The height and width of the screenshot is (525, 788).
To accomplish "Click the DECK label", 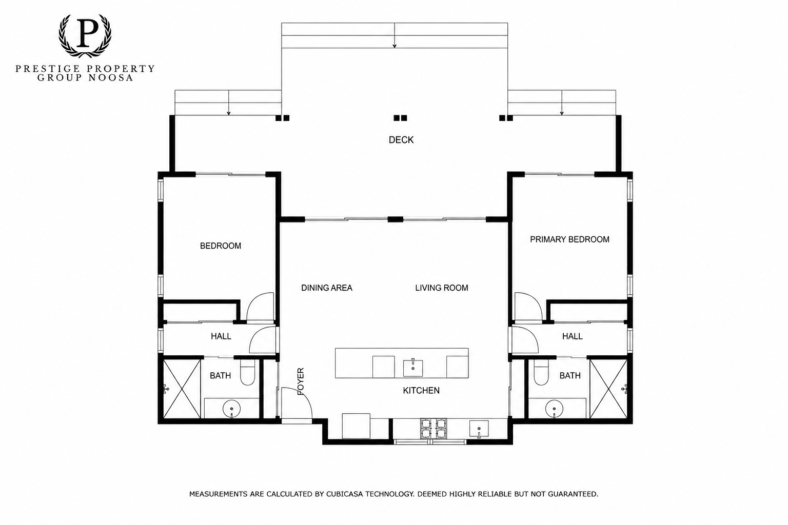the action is coord(401,140).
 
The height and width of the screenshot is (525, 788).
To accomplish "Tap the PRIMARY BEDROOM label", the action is coord(569,239).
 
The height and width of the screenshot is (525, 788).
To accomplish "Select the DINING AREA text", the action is coord(326,288).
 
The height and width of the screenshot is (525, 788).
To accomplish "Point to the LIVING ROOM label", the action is coord(442,288).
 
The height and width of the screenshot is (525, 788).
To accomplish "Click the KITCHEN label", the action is coord(421,391).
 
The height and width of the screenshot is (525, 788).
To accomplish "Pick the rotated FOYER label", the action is coord(301,381).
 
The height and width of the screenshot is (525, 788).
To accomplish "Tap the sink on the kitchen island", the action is coord(412,368).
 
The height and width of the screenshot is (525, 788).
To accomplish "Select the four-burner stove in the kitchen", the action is coord(434,428).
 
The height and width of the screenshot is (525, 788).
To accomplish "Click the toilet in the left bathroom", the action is coord(248,372).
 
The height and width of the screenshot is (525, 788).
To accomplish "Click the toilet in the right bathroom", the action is coord(541,372).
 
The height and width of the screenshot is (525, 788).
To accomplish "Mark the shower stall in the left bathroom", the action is coord(182,389).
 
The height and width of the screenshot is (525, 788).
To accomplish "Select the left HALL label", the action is coord(221,336).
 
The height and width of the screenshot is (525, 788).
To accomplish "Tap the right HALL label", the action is coord(573,336).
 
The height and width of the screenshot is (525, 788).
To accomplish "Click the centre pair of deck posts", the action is coord(400,118).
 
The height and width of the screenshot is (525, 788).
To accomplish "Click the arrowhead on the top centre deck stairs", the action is coord(395,46).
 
